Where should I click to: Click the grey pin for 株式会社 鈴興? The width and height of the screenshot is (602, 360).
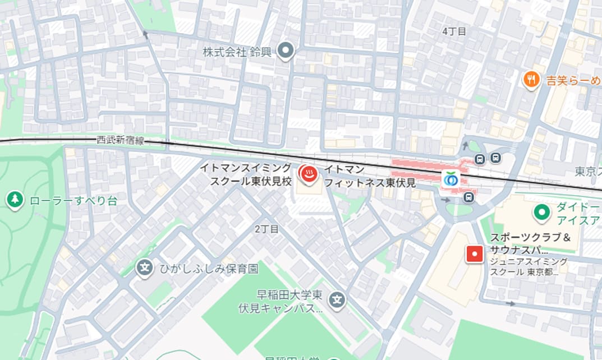(287, 52)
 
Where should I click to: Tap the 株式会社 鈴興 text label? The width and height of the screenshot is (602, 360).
(237, 52)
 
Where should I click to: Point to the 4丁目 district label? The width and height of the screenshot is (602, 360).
(454, 31)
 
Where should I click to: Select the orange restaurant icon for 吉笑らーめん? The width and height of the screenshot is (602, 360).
(531, 80)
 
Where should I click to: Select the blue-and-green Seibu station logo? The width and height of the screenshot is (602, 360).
(452, 179)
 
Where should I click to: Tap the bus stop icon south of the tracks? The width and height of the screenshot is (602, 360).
(468, 197)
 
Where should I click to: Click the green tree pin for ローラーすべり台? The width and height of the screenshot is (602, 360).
(15, 200)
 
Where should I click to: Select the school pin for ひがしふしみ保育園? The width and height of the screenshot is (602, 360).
(145, 268)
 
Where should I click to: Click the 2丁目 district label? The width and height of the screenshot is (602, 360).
(266, 229)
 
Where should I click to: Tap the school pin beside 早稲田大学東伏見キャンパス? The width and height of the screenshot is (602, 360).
(337, 301)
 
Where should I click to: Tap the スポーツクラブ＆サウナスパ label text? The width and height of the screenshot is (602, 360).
(530, 243)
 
